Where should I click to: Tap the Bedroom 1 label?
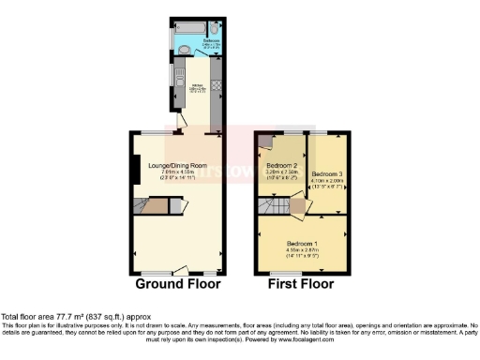pos(302,242)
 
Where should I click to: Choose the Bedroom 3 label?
pos(327,174)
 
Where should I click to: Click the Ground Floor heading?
pos(178,283)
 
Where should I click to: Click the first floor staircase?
pos(277,204)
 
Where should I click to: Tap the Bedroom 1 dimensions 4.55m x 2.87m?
pos(302,248)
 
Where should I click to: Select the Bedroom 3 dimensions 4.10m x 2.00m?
pos(327,182)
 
